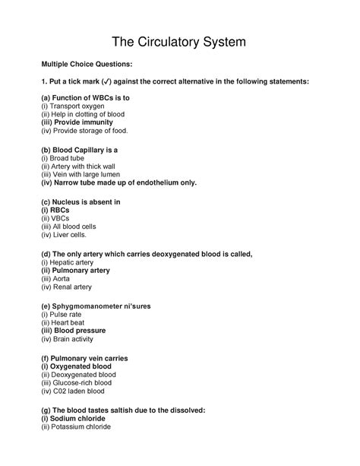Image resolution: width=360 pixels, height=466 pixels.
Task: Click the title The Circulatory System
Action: [179, 42]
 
